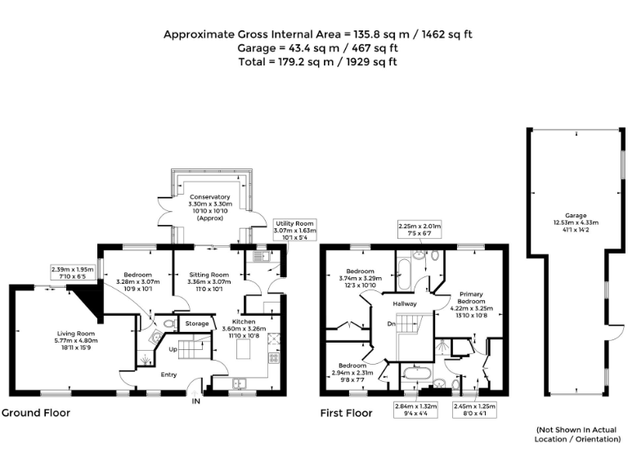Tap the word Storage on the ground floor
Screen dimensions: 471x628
[197, 324]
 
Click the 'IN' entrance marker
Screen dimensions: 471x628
[195, 401]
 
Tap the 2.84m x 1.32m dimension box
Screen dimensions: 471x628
[416, 409]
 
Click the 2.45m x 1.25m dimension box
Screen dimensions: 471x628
[475, 409]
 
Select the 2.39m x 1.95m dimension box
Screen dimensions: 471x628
[73, 272]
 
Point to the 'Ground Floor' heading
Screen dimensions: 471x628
[35, 414]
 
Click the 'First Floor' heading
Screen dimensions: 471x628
[346, 414]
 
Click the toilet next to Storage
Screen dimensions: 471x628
[169, 324]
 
